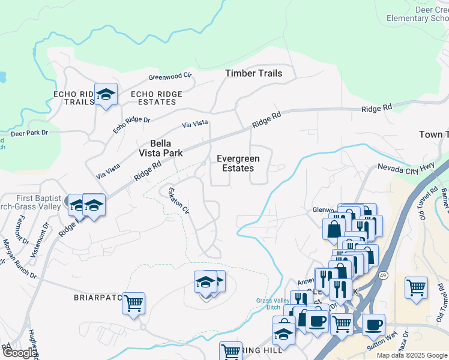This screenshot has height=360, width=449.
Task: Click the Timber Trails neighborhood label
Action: point(253,73)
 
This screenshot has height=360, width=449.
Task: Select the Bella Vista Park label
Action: point(160,148)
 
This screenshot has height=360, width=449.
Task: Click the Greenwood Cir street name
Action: point(170,77)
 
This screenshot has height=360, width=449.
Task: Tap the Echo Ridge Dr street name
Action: point(131,125)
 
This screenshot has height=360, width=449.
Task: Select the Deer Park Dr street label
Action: point(29,133)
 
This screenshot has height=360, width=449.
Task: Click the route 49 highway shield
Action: point(383,275)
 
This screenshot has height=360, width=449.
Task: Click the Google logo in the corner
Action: point(19,353)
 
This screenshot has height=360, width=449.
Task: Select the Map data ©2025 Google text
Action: point(411,355)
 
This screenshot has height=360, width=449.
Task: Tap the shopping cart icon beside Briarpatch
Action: point(133,302)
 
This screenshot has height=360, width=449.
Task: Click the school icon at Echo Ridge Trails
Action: point(106,95)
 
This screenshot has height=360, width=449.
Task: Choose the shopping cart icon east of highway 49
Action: point(416,288)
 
